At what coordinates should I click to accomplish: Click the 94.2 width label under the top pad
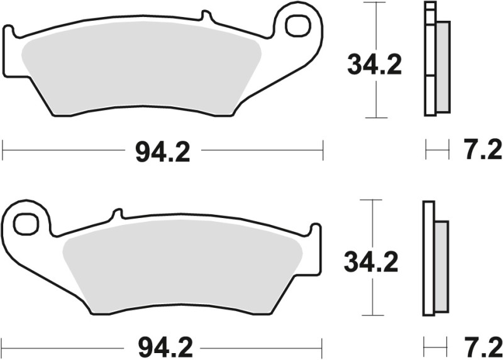click(x=162, y=151)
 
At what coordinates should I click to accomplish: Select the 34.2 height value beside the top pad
click(x=375, y=65)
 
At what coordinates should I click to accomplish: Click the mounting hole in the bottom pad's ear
click(x=26, y=223)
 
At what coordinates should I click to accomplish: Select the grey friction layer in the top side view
click(x=443, y=66)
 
